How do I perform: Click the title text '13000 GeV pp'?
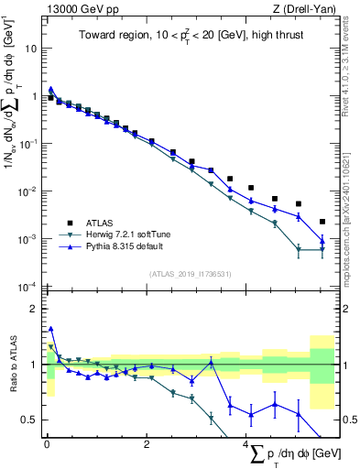click(x=77, y=8)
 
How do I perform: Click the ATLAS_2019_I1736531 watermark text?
click(x=189, y=274)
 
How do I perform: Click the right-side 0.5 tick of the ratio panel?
click(x=349, y=420)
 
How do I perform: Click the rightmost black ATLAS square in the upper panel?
click(x=322, y=222)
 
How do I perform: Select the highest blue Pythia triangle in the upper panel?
click(x=51, y=90)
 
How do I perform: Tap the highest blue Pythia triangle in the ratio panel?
click(x=51, y=328)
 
